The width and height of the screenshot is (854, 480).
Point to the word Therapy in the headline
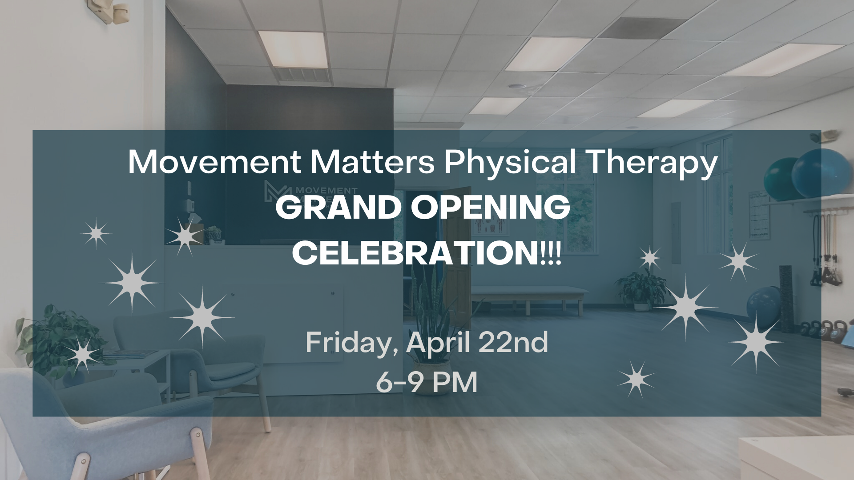pos(653,163)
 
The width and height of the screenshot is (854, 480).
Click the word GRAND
pos(338,207)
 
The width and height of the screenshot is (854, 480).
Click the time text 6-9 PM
pos(427,382)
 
